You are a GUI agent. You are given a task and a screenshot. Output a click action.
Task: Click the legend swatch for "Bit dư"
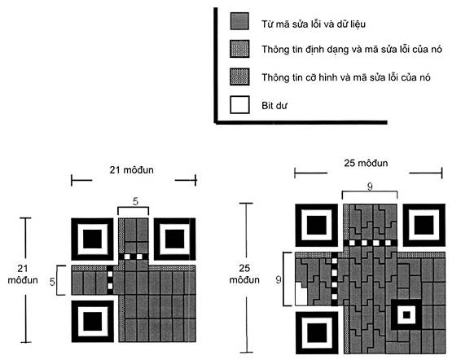click(x=239, y=105)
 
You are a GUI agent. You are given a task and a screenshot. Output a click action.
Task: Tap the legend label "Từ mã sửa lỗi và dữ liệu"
click(x=314, y=24)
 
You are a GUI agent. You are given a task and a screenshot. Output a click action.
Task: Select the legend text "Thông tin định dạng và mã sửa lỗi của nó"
click(x=352, y=49)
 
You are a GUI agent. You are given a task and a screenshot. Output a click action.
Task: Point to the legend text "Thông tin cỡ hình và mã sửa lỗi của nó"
click(x=346, y=77)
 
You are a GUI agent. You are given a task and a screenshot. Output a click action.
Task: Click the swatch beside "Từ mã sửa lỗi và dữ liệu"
click(x=239, y=21)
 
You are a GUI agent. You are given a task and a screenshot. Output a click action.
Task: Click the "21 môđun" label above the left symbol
click(x=131, y=170)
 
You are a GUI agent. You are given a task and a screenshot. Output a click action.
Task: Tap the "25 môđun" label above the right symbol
click(x=366, y=163)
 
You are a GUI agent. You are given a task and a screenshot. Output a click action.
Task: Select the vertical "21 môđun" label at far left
click(x=23, y=274)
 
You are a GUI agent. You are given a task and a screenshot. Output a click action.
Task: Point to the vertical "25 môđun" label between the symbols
click(x=244, y=274)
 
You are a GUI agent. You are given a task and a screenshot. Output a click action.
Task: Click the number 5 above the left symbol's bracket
click(x=135, y=201)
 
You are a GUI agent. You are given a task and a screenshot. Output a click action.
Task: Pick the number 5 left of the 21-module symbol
click(x=52, y=282)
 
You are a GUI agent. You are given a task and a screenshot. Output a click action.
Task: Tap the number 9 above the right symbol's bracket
click(x=370, y=187)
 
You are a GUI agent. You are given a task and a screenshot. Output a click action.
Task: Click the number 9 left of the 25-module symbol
click(x=278, y=279)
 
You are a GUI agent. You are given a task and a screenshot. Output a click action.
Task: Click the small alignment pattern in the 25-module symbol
click(x=406, y=315)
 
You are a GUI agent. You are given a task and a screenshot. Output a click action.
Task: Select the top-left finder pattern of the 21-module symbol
click(x=92, y=239)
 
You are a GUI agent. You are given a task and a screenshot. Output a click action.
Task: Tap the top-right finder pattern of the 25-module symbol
click(x=424, y=225)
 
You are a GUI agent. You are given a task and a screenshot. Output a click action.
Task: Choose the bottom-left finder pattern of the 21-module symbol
click(x=92, y=321)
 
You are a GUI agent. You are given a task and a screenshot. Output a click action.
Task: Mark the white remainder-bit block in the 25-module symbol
click(x=301, y=293)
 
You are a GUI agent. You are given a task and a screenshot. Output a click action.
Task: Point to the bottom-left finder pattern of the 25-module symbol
click(x=317, y=332)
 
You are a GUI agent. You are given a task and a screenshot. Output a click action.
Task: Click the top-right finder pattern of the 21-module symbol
click(x=174, y=239)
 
